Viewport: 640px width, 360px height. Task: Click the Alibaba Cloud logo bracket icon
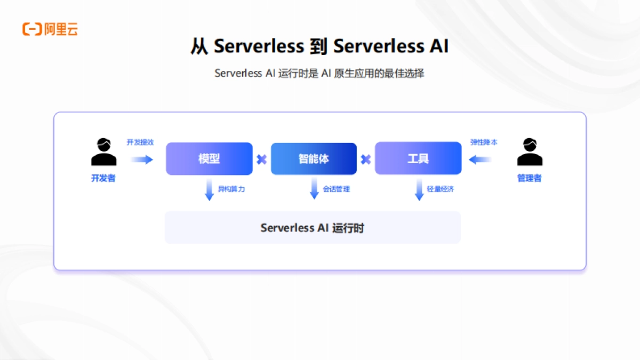[32, 29]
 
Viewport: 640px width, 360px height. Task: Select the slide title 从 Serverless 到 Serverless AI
[319, 46]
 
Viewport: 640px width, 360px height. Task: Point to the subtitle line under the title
[319, 74]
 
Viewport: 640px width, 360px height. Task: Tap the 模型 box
[209, 158]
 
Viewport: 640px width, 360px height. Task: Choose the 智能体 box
[314, 158]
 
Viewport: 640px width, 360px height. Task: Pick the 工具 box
[418, 158]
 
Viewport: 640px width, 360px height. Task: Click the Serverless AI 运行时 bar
[313, 228]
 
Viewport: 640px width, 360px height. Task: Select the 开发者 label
[103, 179]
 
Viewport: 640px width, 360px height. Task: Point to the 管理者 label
[530, 179]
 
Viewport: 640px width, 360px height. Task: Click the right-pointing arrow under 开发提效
[142, 159]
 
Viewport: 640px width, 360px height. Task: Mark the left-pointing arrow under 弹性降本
[480, 159]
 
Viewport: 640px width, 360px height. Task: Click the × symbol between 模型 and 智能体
[261, 159]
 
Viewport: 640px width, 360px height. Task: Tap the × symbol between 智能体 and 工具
[365, 159]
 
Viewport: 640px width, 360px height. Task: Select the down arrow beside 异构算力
[209, 190]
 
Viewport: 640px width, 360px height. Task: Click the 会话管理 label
[337, 189]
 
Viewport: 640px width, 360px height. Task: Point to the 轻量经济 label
[441, 189]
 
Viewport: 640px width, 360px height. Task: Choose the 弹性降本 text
[484, 142]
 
